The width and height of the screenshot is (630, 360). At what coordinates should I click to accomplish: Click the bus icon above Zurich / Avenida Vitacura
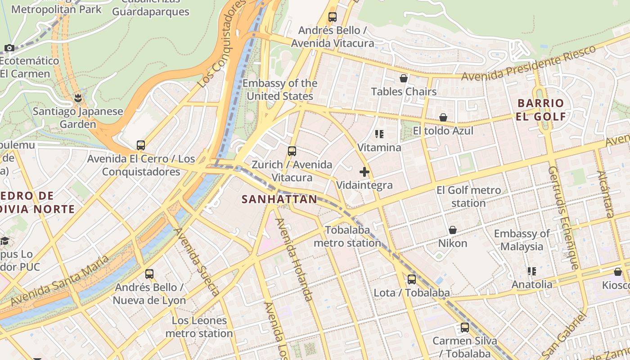coord(292,151)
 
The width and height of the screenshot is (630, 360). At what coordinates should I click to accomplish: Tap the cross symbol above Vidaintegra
coord(364,172)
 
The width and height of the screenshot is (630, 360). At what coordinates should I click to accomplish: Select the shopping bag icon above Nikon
coord(453,230)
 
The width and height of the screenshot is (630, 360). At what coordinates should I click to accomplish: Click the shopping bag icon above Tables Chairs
coord(404,79)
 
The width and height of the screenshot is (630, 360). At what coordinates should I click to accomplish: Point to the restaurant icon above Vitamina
coord(379,134)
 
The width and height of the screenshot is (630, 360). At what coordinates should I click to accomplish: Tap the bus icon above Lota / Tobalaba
coord(411,279)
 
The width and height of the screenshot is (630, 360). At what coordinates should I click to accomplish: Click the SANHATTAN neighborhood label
coord(279,199)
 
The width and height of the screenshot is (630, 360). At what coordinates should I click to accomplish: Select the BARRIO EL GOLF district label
coord(541,110)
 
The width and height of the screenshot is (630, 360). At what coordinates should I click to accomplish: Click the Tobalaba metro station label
coord(347,237)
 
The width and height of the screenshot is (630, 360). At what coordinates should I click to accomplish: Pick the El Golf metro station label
coord(468,197)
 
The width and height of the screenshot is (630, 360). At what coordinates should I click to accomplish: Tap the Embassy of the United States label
coord(280,90)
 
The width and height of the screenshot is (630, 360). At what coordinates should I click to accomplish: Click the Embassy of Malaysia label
coord(522,240)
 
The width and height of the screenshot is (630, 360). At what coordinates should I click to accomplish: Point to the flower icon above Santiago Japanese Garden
coord(78,98)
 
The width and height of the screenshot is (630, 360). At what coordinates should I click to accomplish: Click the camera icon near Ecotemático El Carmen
coord(9,48)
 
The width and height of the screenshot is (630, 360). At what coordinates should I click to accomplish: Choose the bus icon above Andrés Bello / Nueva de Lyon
coord(149,274)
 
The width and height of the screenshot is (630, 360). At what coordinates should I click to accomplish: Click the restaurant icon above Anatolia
coord(532,271)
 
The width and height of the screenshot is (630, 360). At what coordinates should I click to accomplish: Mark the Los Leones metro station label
coord(199,327)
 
